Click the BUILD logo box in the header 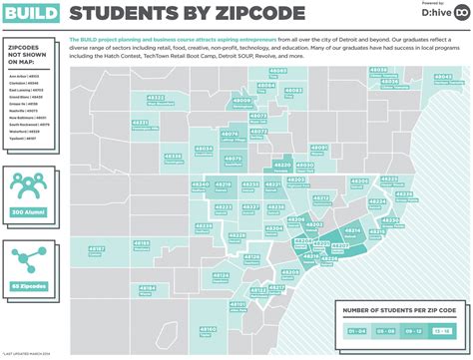pyautogui.click(x=31, y=14)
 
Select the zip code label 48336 pyautogui.click(x=173, y=155)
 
